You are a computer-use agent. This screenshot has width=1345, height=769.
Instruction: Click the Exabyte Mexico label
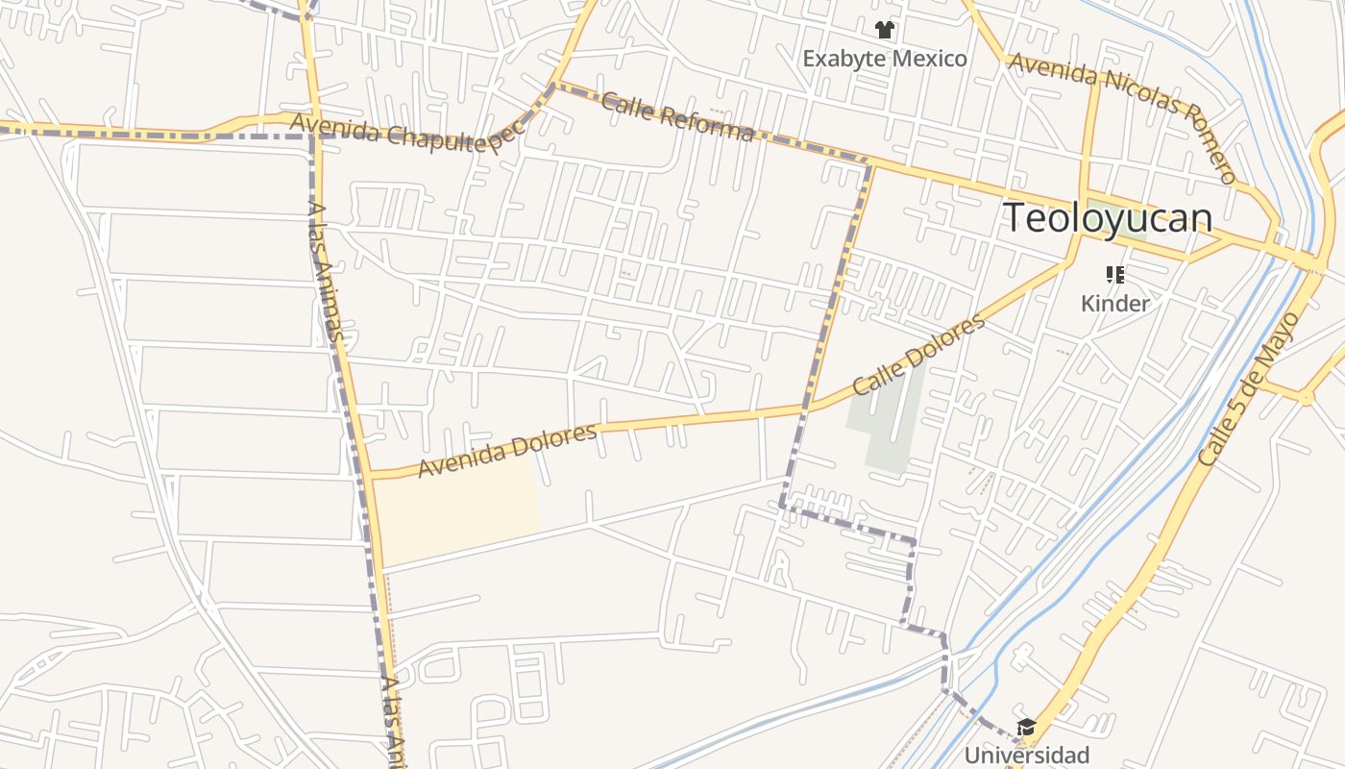point(885,59)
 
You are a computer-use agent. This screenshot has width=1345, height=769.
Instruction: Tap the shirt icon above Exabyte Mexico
point(885,31)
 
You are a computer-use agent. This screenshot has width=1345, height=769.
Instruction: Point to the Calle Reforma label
point(676,115)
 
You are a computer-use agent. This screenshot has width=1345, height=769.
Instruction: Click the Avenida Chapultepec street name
point(407,131)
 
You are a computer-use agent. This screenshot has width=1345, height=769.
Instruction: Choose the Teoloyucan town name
point(1107,218)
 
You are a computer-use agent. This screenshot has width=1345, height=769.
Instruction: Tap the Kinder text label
point(1114,304)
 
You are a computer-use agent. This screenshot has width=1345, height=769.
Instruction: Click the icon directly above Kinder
point(1114,276)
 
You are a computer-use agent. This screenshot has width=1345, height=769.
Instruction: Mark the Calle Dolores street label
point(918,355)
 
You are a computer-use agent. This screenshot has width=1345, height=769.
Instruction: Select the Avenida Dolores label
point(507,450)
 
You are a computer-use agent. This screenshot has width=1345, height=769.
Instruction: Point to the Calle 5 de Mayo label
point(1248,389)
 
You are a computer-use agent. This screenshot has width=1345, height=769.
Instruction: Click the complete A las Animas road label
point(327,270)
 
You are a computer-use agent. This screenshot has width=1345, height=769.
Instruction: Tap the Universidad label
point(1026,755)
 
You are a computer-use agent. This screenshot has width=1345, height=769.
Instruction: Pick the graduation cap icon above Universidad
point(1026,727)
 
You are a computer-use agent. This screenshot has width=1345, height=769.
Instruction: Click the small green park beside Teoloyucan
point(1129,221)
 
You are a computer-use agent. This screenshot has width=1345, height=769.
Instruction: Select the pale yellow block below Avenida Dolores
point(456,509)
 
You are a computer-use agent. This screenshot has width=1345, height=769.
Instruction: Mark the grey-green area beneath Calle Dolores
point(889,423)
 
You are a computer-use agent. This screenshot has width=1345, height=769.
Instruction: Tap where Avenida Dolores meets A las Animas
point(371,474)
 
